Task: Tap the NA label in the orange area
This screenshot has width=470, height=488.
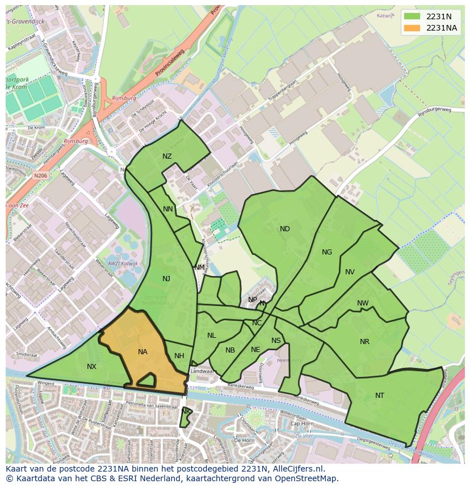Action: (142, 352)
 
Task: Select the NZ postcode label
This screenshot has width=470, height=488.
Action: (167, 156)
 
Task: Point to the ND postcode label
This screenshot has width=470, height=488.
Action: (285, 229)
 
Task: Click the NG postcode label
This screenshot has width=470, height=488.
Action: (327, 252)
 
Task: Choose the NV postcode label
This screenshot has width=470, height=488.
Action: (350, 272)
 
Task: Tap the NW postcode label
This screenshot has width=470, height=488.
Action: (363, 303)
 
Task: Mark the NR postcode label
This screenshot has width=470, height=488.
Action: (364, 342)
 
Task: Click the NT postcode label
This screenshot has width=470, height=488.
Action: (380, 396)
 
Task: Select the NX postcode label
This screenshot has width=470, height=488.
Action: (91, 367)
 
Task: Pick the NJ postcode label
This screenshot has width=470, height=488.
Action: (166, 278)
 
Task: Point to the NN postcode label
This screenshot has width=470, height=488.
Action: (168, 209)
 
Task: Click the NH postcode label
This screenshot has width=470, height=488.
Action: (179, 356)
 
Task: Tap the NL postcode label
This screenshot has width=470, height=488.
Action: (211, 336)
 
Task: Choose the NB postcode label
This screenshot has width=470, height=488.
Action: (230, 350)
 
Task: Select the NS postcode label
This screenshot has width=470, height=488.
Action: (276, 341)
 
